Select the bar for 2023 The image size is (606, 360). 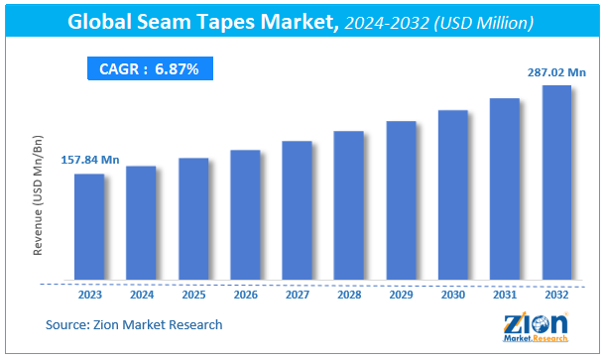point(89,225)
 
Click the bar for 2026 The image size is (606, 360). point(245,213)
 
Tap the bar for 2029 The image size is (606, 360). point(401,198)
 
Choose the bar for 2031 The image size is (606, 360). point(504,187)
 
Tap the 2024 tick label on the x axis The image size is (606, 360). point(142,294)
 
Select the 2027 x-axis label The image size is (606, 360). point(297,294)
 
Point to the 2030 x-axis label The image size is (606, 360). point(452,294)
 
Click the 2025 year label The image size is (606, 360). point(193,294)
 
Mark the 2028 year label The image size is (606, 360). point(349,294)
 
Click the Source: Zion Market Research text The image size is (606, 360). point(134,324)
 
